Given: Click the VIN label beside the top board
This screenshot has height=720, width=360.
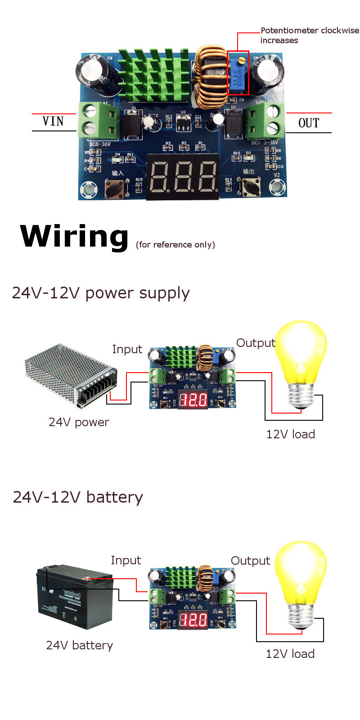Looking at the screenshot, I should point(53,121).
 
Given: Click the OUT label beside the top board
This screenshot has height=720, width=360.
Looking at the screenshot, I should point(309,123).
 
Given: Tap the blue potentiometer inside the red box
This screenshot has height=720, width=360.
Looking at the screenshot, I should point(238,73).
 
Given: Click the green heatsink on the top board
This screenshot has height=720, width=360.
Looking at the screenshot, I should point(153,74).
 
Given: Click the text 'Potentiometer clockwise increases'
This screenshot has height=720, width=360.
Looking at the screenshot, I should point(310,35).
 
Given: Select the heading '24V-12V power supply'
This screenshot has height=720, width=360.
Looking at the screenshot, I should point(101,293).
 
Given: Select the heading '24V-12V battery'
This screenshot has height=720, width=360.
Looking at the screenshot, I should point(78,497).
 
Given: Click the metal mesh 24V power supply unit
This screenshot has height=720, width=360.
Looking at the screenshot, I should point(70,373).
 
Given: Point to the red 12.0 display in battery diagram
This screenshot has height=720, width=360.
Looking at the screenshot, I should point(193,620).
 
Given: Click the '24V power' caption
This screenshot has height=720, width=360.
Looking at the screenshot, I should point(79,422).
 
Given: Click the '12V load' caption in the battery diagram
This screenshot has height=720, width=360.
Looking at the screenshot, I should point(290,654).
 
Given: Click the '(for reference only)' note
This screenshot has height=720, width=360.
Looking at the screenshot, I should point(175,244).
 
